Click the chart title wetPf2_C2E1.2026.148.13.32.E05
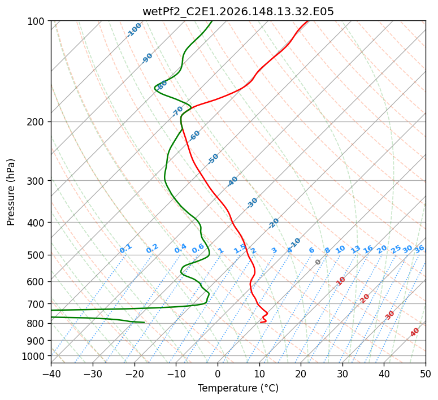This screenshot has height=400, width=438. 238,12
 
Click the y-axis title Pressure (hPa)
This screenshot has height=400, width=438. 11,192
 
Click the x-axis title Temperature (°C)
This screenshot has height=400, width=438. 238,388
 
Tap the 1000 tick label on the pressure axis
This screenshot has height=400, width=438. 35,356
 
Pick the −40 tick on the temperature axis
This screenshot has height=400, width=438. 51,373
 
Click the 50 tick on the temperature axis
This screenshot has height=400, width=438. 426,373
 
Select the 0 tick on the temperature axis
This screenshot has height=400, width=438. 218,373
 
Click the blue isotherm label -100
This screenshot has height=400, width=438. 134,30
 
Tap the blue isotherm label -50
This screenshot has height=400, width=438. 213,159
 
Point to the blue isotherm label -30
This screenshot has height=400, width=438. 252,203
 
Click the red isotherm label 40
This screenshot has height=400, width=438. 414,332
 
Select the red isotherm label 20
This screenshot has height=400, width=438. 365,299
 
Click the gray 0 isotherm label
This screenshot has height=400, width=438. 318,262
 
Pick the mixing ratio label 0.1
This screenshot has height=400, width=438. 125,249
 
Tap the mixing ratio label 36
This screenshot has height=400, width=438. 419,249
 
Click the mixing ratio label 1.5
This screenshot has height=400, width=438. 240,249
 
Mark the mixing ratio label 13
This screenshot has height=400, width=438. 355,249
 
